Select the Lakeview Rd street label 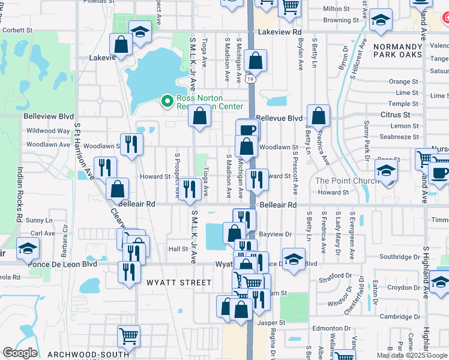click(280, 32)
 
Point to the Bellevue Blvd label click(279, 119)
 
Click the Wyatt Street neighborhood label click(179, 283)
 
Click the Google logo click(20, 353)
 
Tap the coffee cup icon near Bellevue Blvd click(247, 130)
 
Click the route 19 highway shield click(249, 78)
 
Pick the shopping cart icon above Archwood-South click(129, 337)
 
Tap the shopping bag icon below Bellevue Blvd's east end click(318, 115)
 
